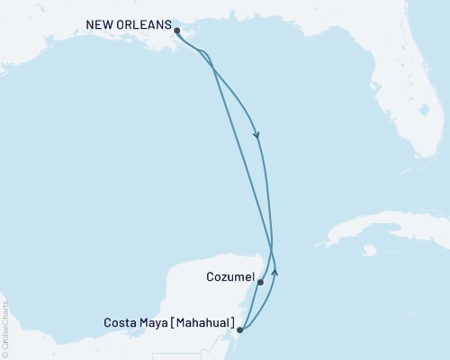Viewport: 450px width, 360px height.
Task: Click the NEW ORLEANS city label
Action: point(128,24)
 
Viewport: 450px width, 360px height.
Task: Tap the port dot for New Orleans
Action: point(176,31)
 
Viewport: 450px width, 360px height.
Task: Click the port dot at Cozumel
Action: point(260,283)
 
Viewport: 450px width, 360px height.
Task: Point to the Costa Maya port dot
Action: point(239,330)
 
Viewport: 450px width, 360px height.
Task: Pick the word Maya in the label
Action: point(155,322)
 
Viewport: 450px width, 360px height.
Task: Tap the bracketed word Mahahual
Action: point(204,322)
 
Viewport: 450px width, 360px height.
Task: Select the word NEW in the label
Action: point(99,24)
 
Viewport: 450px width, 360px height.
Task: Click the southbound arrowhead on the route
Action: point(258,136)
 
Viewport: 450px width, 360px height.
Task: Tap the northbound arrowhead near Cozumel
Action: point(275,270)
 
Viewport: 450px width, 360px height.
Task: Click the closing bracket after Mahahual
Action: point(234,322)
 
